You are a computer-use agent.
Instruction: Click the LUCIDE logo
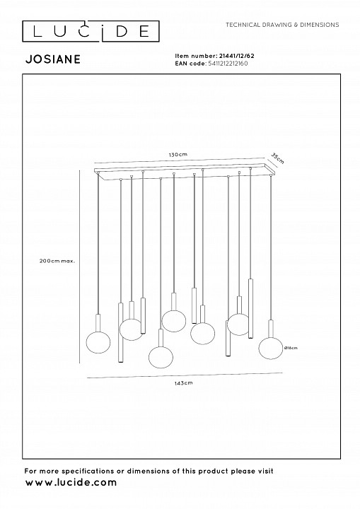click(x=91, y=31)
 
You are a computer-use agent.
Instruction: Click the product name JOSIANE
click(x=53, y=59)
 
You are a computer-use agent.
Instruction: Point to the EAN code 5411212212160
click(x=228, y=64)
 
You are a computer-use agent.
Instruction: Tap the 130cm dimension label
click(x=178, y=155)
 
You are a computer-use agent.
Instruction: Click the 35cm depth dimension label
click(x=278, y=158)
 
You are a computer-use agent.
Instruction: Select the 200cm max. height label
click(x=57, y=261)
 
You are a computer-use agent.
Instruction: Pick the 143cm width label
click(x=184, y=383)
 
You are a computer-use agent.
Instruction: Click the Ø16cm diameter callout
click(x=291, y=348)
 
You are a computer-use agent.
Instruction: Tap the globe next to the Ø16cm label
click(x=271, y=349)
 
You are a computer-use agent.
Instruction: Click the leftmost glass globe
click(x=98, y=342)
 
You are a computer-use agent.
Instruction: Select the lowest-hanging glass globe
click(x=161, y=357)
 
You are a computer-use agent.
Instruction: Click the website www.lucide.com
click(x=71, y=482)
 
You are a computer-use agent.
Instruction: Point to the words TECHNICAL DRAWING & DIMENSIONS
click(x=282, y=25)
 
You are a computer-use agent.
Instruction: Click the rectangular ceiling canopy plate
click(x=184, y=171)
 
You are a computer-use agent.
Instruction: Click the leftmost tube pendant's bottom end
click(x=120, y=362)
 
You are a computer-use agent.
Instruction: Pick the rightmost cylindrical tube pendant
click(x=250, y=308)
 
